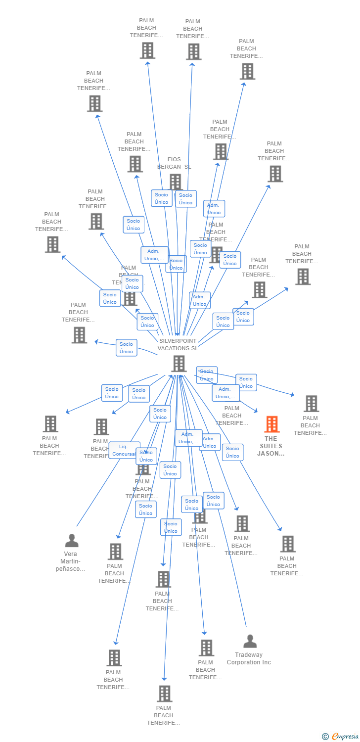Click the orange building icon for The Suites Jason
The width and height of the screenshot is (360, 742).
271,424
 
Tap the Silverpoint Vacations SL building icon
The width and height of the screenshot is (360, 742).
179,364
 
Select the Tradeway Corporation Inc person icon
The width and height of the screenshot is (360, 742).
250,642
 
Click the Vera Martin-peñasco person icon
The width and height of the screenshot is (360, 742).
72,541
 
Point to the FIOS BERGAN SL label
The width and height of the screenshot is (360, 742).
174,163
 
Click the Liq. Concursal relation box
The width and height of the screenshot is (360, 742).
124,450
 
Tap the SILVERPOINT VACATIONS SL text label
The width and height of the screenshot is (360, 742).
178,344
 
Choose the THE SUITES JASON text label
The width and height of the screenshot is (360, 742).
270,446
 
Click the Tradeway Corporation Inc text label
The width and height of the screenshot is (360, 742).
249,658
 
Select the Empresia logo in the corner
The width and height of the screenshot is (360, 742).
345,737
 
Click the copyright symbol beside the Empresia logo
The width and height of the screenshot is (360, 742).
325,737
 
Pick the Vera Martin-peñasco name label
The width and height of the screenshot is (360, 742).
73,561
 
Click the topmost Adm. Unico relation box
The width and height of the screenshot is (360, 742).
214,209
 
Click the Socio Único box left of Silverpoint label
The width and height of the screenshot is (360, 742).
126,348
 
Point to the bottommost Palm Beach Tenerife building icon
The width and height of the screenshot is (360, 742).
165,694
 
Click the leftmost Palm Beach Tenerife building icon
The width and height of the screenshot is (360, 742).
50,424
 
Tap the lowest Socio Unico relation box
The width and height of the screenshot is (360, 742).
171,527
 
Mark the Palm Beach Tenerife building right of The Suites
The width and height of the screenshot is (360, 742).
311,404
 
